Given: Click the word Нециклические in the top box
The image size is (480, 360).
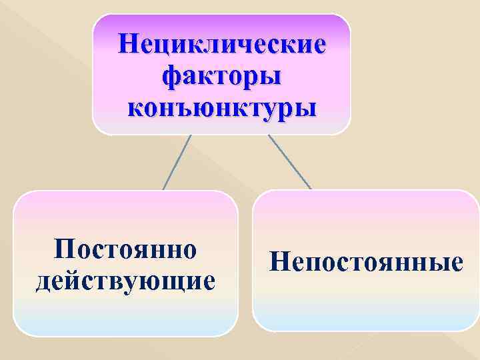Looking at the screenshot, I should click(222, 45).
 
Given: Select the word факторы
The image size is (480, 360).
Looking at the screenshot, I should click(222, 75).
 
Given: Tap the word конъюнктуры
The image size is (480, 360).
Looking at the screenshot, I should click(222, 105).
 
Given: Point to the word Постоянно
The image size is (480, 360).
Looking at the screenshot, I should click(126, 250).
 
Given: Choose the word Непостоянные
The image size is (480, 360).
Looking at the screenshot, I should click(366, 261).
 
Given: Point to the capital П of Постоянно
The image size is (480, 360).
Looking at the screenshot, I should click(66, 250).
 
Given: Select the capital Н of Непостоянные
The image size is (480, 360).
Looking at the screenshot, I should click(280, 261).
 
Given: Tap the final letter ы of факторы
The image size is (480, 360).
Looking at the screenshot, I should click(270, 76).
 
